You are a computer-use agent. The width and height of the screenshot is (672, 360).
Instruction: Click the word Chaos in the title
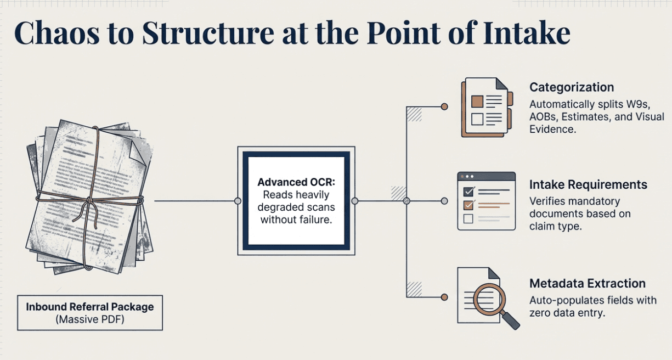[57, 33]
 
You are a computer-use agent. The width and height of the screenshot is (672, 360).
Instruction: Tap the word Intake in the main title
[527, 33]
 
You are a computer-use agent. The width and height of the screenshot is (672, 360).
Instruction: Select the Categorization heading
[572, 87]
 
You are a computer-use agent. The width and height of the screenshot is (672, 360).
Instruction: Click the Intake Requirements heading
[588, 184]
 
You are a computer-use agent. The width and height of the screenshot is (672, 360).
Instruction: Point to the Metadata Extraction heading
[588, 283]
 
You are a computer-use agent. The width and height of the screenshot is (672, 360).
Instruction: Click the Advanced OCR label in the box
[296, 182]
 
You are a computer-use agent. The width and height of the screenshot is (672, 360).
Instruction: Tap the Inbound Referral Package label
[90, 307]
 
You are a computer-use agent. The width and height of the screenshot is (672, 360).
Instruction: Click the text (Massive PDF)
[90, 319]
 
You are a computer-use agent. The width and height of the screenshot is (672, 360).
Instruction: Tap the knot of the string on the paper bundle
[89, 200]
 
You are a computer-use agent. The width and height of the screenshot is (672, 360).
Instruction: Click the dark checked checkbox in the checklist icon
[468, 192]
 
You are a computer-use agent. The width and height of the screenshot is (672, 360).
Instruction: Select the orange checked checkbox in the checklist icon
[468, 205]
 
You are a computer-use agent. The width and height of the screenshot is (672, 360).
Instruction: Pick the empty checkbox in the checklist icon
[468, 219]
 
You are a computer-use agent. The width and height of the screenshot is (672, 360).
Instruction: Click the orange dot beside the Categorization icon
[444, 106]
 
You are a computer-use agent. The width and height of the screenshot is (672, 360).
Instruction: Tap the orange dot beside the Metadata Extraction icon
[444, 297]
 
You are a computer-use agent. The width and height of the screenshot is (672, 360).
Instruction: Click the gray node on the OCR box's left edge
[238, 201]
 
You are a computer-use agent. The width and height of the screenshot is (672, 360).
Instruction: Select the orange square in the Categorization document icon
[477, 102]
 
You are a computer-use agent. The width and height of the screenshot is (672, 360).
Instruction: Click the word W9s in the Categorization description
[638, 104]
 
